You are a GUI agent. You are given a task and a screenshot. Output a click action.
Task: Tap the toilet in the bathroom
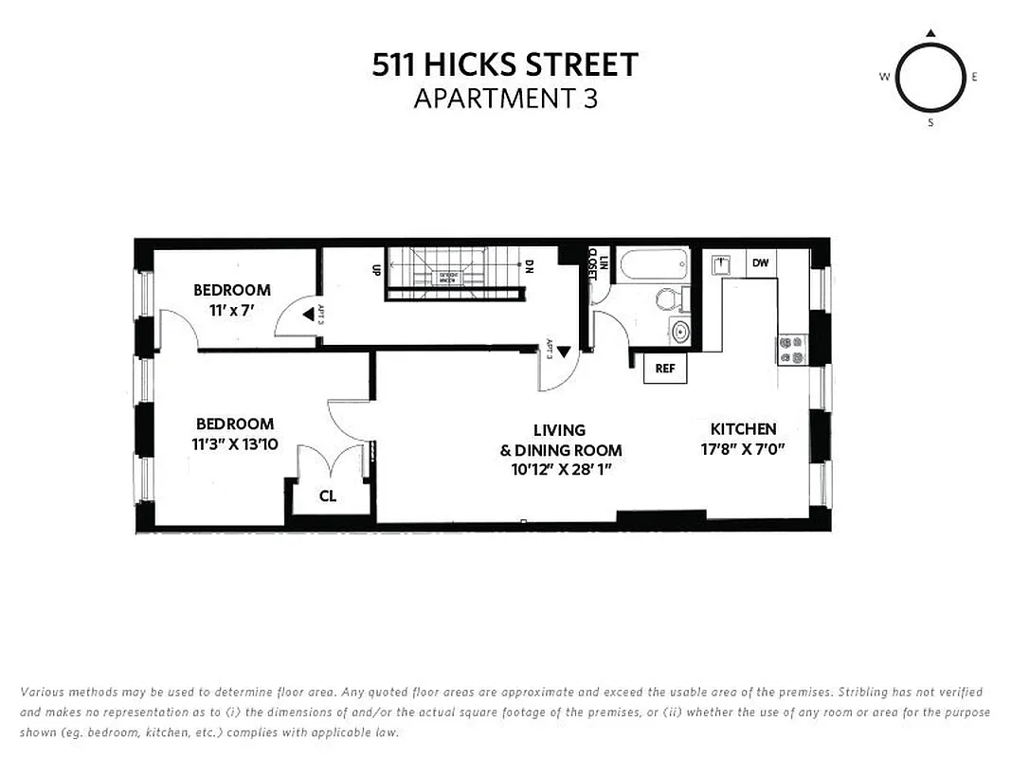[669, 300]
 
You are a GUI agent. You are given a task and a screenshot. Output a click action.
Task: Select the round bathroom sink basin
[679, 331]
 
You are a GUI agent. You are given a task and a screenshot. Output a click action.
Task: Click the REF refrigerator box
[665, 368]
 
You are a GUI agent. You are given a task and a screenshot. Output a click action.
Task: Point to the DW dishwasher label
[760, 263]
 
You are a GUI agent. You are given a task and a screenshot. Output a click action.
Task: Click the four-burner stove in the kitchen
[791, 350]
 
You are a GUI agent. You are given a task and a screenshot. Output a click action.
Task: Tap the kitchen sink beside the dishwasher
[720, 262]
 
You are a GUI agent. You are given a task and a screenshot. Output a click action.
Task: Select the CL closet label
[328, 496]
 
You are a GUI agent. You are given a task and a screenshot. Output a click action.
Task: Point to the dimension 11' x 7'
[232, 309]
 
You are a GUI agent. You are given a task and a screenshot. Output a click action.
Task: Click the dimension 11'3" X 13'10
[235, 443]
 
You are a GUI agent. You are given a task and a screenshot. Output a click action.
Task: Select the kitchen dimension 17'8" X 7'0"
[744, 449]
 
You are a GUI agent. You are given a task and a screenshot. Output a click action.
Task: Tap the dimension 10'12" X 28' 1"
[558, 469]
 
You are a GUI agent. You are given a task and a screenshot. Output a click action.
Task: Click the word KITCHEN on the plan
[744, 429]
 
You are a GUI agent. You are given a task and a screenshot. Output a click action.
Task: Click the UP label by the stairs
[376, 268]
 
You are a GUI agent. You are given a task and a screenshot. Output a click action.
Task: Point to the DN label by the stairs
[530, 268]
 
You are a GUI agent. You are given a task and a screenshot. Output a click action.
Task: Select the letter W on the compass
[884, 78]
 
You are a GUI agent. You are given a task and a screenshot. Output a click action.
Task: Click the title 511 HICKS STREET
[505, 64]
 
